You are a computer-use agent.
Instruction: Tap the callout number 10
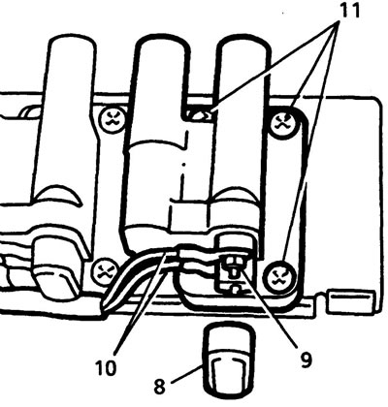[106, 368]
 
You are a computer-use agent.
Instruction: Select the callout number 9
[306, 360]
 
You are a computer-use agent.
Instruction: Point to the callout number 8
[159, 387]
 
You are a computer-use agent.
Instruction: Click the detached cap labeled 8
[228, 361]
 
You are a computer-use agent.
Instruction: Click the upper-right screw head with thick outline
[284, 123]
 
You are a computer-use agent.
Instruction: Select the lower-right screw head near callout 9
[280, 276]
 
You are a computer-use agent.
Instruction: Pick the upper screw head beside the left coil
[113, 120]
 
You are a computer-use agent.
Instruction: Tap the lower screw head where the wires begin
[103, 272]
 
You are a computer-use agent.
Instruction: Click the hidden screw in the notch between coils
[198, 114]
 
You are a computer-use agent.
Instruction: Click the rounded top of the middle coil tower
[162, 46]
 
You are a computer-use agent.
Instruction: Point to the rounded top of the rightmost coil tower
[244, 46]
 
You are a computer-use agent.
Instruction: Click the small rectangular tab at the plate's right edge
[350, 301]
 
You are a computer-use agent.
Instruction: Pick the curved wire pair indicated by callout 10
[136, 274]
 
